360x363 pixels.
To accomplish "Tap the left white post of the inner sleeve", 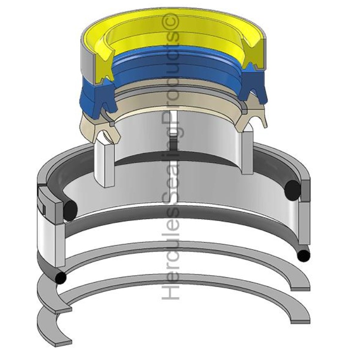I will click(105, 162).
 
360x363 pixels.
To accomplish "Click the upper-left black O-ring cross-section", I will click(70, 209).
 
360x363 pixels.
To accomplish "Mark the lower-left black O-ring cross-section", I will click(61, 278).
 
